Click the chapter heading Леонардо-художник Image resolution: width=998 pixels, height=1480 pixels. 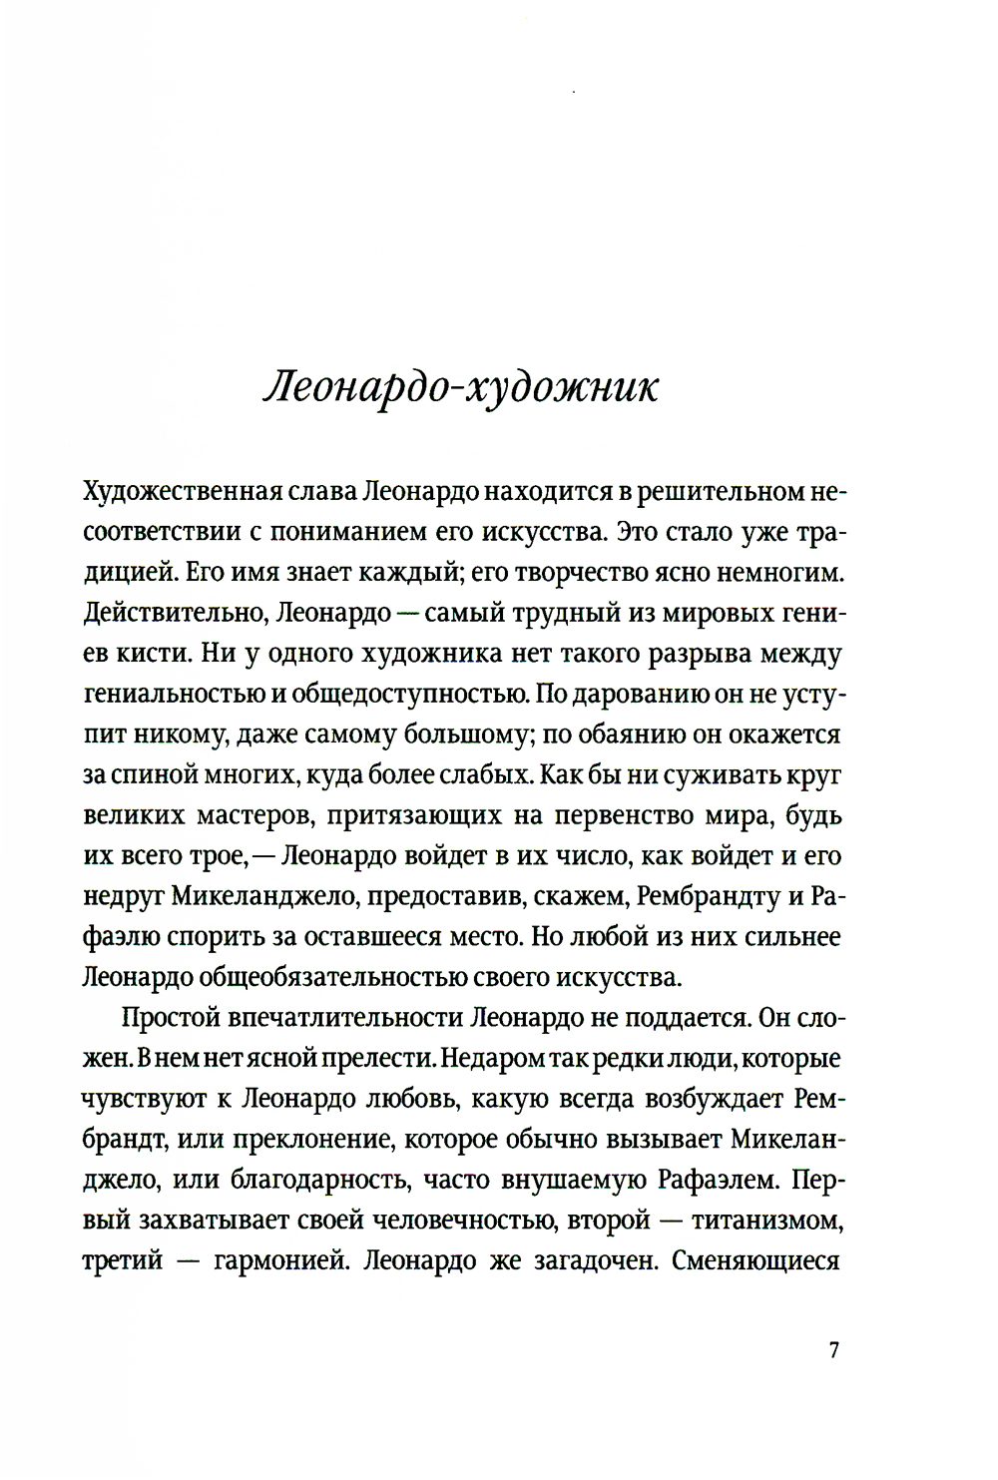461,388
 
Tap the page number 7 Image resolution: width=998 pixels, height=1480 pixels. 834,1350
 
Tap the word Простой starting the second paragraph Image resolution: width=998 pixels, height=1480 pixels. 170,1018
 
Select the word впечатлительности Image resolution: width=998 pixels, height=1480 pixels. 345,1018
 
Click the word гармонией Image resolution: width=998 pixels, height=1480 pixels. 278,1261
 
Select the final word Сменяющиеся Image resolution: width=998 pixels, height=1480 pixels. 755,1261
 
